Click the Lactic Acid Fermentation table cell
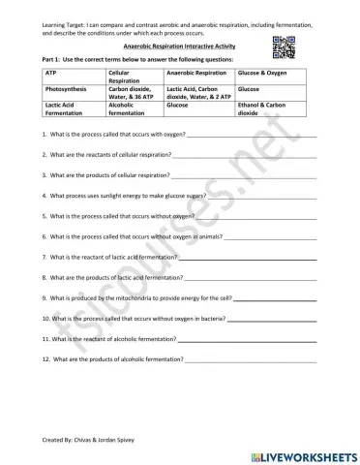68,108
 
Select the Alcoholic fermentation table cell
133,108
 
